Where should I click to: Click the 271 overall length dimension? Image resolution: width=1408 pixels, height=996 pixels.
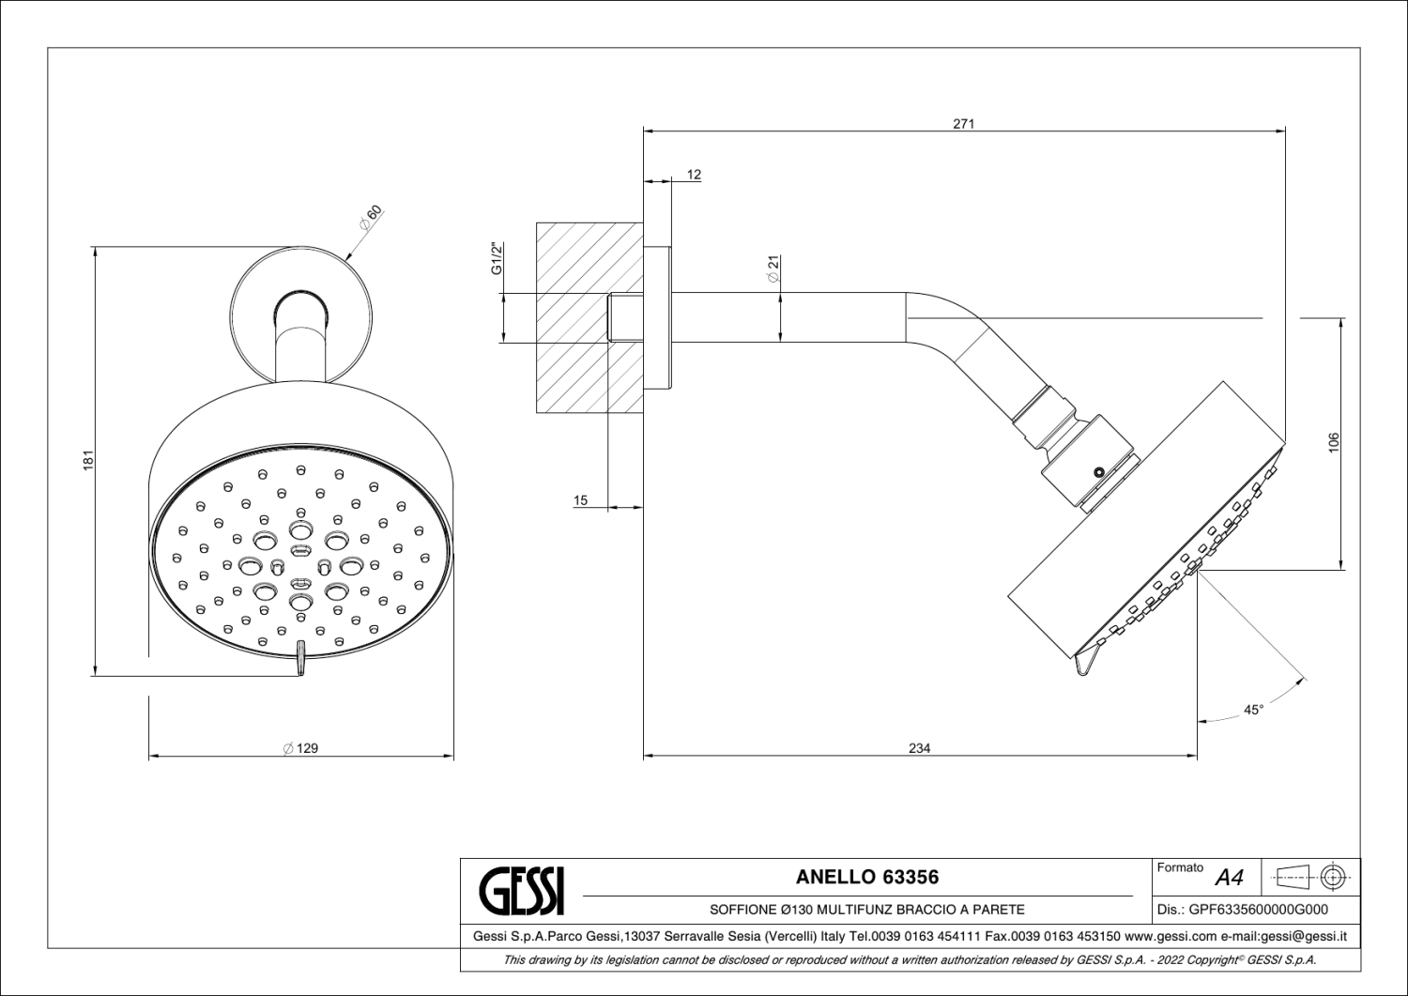(963, 124)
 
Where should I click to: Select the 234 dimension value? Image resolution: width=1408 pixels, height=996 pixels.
(920, 748)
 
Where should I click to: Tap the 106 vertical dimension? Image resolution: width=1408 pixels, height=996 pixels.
(1333, 442)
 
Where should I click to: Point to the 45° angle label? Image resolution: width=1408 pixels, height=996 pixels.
(1253, 710)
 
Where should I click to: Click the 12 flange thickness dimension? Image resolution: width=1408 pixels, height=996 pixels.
(694, 175)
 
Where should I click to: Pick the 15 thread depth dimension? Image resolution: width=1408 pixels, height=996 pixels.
(580, 500)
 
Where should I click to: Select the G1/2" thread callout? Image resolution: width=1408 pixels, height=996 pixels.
(497, 258)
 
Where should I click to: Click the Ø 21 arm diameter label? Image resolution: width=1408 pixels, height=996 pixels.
(773, 268)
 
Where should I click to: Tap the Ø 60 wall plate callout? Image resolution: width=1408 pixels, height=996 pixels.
(370, 217)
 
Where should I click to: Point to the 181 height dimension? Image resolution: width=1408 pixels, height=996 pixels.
(88, 460)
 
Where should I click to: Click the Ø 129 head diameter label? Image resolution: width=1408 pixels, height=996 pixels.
(300, 748)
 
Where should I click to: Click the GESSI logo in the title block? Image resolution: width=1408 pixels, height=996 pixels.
(522, 892)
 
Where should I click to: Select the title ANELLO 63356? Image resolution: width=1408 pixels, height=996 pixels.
(866, 877)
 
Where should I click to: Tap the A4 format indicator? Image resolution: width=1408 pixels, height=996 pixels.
(1229, 878)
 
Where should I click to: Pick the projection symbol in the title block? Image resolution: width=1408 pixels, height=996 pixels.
(1310, 877)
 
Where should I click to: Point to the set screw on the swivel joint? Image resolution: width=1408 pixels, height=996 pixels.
(1098, 471)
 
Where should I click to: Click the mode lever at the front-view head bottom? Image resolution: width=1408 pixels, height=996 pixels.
(301, 658)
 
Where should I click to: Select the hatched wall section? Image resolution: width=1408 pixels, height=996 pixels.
(589, 317)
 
